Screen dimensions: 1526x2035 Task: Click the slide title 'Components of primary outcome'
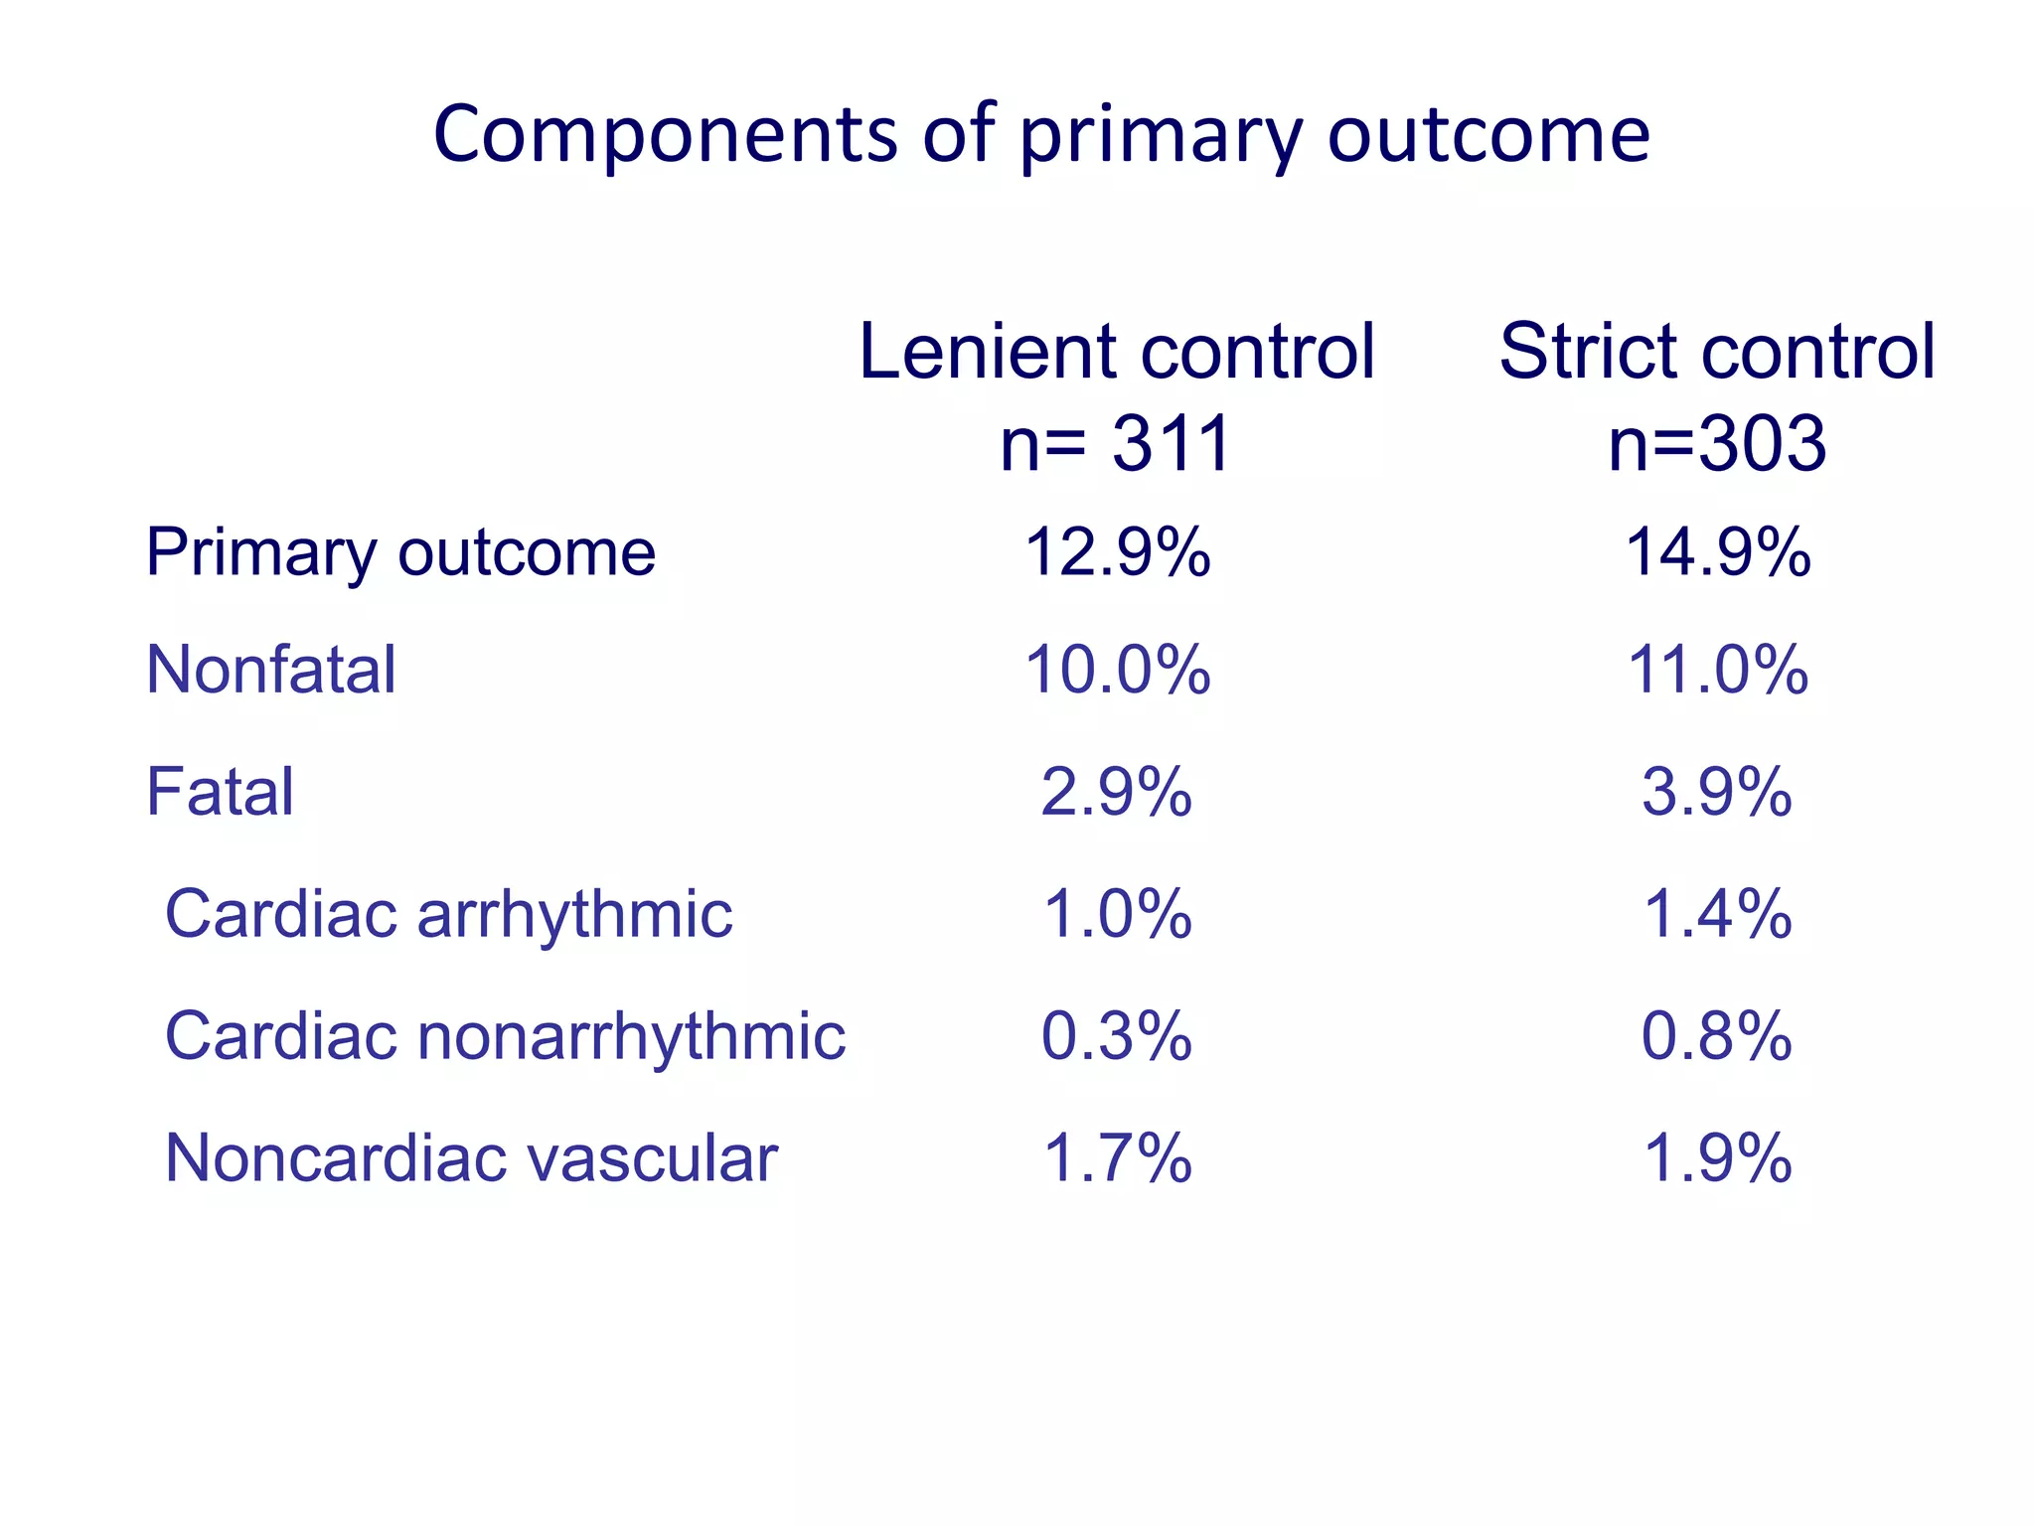pyautogui.click(x=1041, y=134)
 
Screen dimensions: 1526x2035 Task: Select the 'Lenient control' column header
pyautogui.click(x=1116, y=352)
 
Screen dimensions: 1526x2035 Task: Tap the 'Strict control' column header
pyautogui.click(x=1717, y=352)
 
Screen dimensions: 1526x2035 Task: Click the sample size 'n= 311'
pyautogui.click(x=1116, y=443)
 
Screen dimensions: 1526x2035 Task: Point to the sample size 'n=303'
pyautogui.click(x=1717, y=443)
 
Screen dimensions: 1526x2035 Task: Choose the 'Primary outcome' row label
pyautogui.click(x=400, y=552)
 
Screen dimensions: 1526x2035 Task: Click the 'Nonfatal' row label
pyautogui.click(x=271, y=670)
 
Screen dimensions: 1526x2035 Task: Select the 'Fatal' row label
pyautogui.click(x=220, y=792)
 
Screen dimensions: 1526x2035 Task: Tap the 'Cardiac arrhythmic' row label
pyautogui.click(x=448, y=914)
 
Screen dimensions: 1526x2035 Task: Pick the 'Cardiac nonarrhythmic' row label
pyautogui.click(x=505, y=1036)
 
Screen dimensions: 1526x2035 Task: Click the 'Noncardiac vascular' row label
pyautogui.click(x=471, y=1158)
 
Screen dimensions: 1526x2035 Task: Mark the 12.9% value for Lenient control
pyautogui.click(x=1117, y=552)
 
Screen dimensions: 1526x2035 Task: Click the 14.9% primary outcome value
pyautogui.click(x=1717, y=552)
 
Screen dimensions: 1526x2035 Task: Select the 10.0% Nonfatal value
pyautogui.click(x=1117, y=670)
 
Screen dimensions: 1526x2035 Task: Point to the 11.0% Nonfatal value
pyautogui.click(x=1717, y=670)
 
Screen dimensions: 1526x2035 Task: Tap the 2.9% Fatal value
pyautogui.click(x=1117, y=792)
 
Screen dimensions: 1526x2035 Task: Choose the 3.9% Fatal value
pyautogui.click(x=1717, y=792)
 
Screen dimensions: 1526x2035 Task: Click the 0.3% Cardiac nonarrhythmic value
pyautogui.click(x=1117, y=1036)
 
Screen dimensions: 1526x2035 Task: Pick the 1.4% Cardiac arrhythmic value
pyautogui.click(x=1717, y=914)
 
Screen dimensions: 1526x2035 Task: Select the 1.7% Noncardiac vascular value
pyautogui.click(x=1117, y=1158)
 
